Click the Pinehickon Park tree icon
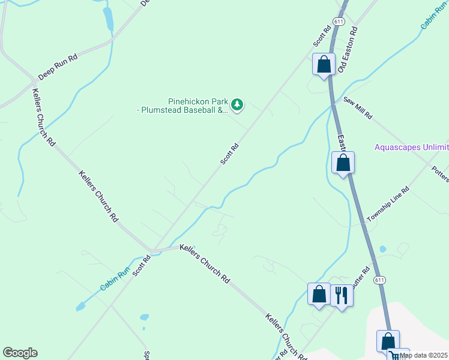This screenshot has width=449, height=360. tap(238, 105)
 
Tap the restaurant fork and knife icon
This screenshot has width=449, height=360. tap(342, 295)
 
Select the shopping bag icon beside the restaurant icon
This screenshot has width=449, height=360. tap(319, 294)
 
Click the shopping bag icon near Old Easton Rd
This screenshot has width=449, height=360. tap(324, 64)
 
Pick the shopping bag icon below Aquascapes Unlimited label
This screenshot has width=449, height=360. tap(343, 162)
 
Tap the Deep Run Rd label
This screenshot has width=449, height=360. tap(58, 68)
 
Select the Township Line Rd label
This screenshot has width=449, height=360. tap(388, 205)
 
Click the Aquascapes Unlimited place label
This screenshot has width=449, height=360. tap(412, 147)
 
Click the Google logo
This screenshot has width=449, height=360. tap(20, 353)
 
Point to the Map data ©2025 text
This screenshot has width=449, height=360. tap(424, 355)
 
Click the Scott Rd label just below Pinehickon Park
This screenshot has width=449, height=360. tap(230, 153)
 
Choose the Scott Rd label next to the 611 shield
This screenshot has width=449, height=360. tap(322, 36)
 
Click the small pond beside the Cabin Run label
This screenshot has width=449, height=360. tap(80, 307)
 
